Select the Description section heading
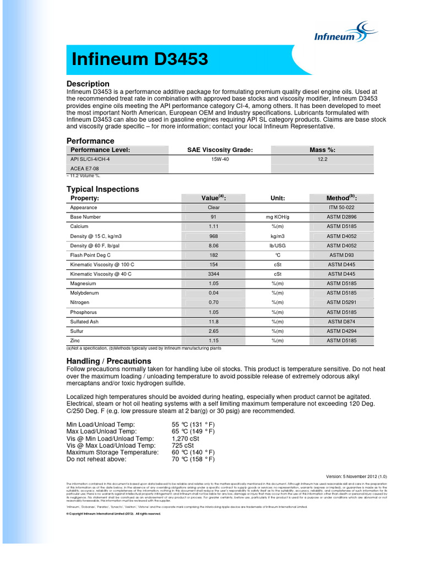pyautogui.click(x=88, y=84)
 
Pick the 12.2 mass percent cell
pyautogui.click(x=322, y=159)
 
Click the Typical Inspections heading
pyautogui.click(x=103, y=189)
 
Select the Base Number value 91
pyautogui.click(x=213, y=217)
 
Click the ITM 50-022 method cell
pyautogui.click(x=341, y=208)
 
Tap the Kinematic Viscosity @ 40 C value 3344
pyautogui.click(x=213, y=274)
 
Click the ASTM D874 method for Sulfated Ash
pyautogui.click(x=341, y=322)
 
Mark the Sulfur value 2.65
pyautogui.click(x=213, y=331)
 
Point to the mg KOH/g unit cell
pyautogui.click(x=277, y=217)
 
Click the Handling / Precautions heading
pyautogui.click(x=109, y=361)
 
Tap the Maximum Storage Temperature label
pyautogui.click(x=112, y=452)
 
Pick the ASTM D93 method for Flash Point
pyautogui.click(x=341, y=255)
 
